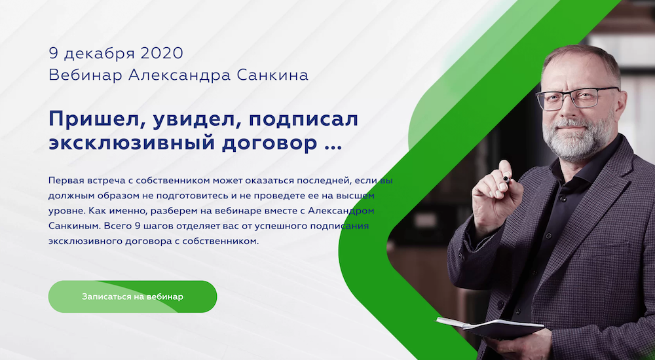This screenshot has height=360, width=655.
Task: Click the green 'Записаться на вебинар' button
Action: pos(132,297)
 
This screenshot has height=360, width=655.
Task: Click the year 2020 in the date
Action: pos(162,53)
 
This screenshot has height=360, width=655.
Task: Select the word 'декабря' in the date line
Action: pos(100,54)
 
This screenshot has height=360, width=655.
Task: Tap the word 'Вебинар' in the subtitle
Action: pos(85,75)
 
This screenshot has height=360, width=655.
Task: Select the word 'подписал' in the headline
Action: pos(304,120)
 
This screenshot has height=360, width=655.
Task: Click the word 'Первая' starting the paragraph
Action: pos(65,181)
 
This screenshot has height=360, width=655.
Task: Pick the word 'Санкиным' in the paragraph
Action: pos(73,226)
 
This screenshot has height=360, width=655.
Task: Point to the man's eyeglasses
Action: pos(577,99)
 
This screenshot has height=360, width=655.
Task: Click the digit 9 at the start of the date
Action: pos(53,53)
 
